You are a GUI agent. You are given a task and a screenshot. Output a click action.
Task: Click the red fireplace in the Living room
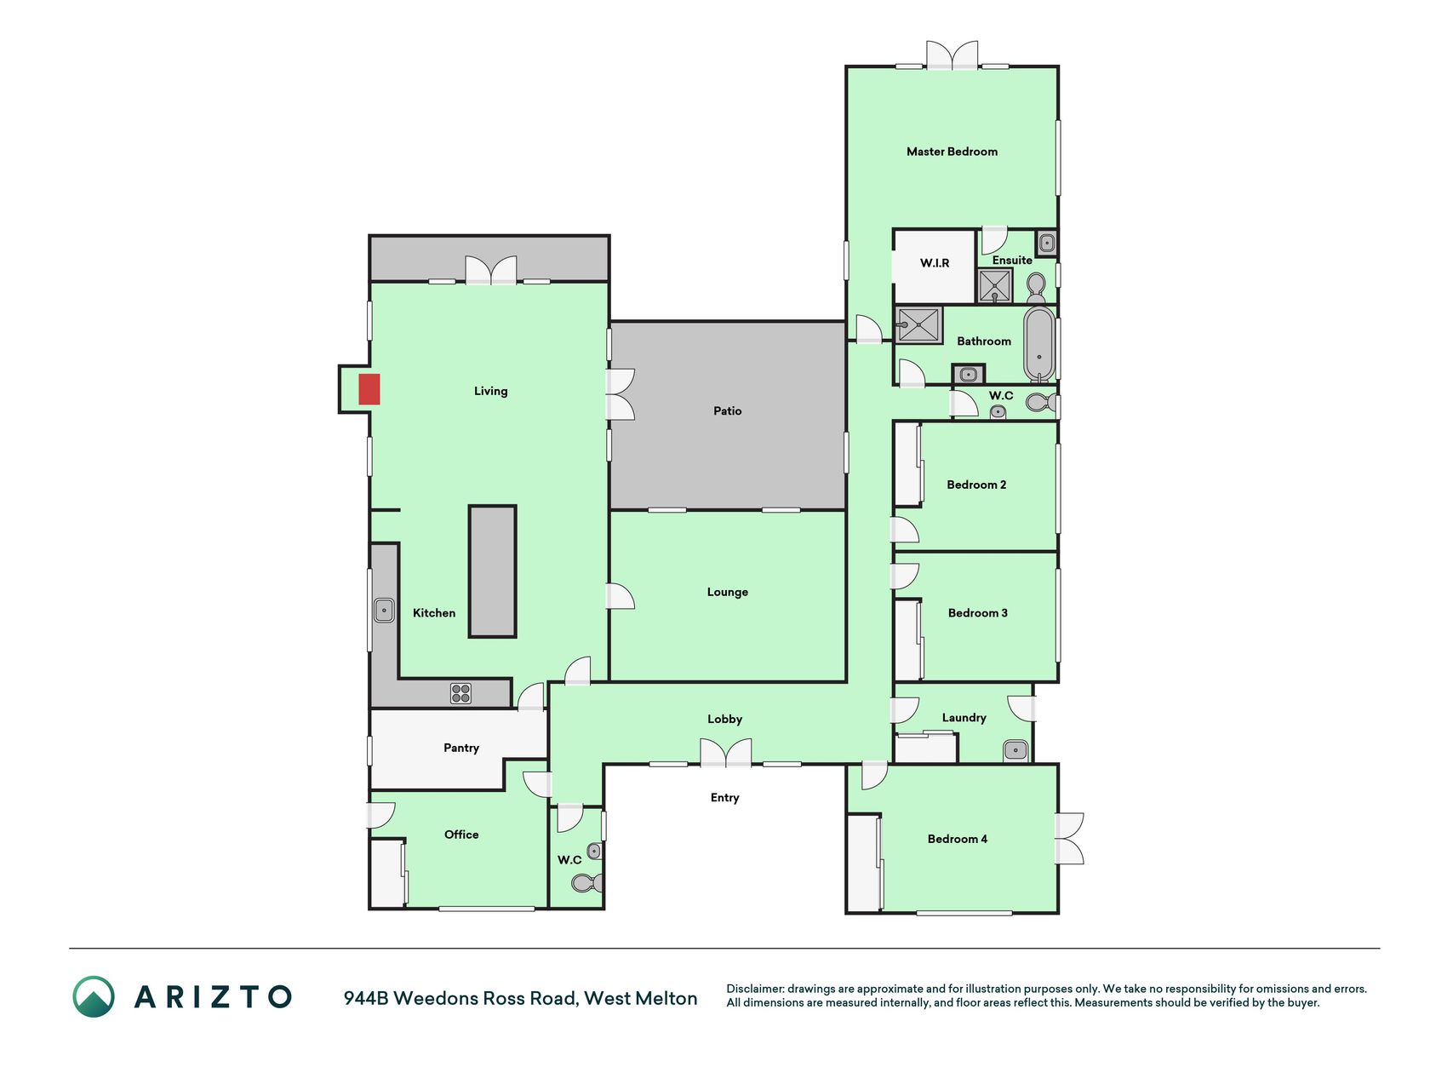pyautogui.click(x=369, y=389)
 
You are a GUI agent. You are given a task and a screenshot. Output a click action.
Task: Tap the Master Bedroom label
pyautogui.click(x=952, y=152)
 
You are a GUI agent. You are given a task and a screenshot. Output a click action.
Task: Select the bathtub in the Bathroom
pyautogui.click(x=1038, y=344)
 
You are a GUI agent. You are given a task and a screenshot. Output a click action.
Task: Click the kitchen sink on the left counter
pyautogui.click(x=384, y=611)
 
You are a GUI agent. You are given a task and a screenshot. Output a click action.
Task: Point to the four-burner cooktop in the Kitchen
pyautogui.click(x=460, y=693)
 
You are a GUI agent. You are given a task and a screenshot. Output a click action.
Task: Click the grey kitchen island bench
pyautogui.click(x=492, y=571)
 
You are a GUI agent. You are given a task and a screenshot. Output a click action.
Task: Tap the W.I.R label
pyautogui.click(x=935, y=263)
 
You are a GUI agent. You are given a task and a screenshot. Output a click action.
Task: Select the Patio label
pyautogui.click(x=728, y=411)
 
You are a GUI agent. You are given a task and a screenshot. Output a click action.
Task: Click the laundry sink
pyautogui.click(x=1015, y=750)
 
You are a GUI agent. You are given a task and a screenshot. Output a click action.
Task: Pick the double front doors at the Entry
pyautogui.click(x=726, y=753)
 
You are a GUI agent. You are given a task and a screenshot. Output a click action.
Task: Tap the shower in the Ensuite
pyautogui.click(x=994, y=286)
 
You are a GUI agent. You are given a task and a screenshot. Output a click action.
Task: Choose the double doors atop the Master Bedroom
pyautogui.click(x=952, y=55)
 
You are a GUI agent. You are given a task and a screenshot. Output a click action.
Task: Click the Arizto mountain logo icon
pyautogui.click(x=94, y=997)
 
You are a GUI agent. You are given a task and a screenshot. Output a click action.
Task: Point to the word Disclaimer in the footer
pyautogui.click(x=754, y=990)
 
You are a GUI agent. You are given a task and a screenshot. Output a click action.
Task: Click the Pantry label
pyautogui.click(x=461, y=748)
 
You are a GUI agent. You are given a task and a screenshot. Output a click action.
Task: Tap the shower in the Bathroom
pyautogui.click(x=918, y=325)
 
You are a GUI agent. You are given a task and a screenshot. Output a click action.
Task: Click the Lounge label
pyautogui.click(x=728, y=592)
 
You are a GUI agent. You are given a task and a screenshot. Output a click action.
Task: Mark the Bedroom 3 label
pyautogui.click(x=978, y=613)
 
